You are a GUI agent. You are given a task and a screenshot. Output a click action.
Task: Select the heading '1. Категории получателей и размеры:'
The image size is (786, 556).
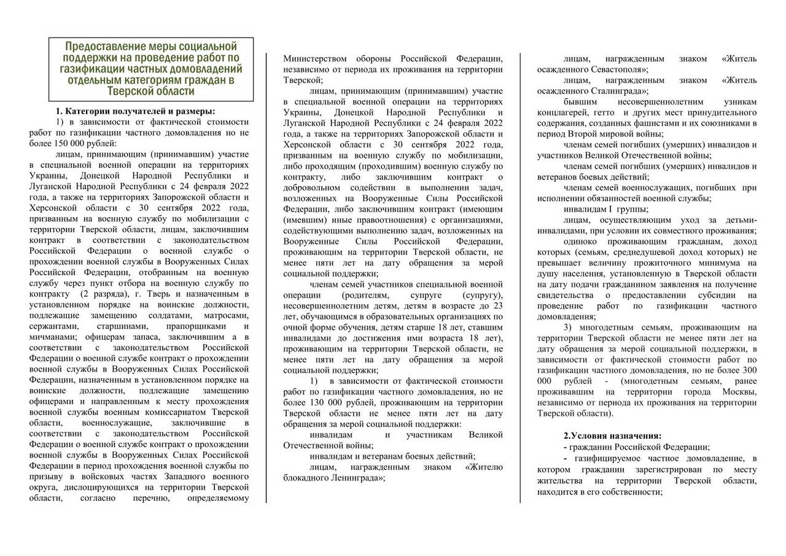pos(136,111)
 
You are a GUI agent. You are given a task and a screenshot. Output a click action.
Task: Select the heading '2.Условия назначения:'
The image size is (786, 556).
pos(612,436)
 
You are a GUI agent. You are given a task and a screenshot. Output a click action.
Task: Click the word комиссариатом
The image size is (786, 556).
pos(172,412)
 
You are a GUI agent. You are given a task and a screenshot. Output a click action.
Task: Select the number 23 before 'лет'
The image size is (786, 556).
pos(498,306)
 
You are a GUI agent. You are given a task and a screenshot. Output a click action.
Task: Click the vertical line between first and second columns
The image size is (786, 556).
pos(267,276)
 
